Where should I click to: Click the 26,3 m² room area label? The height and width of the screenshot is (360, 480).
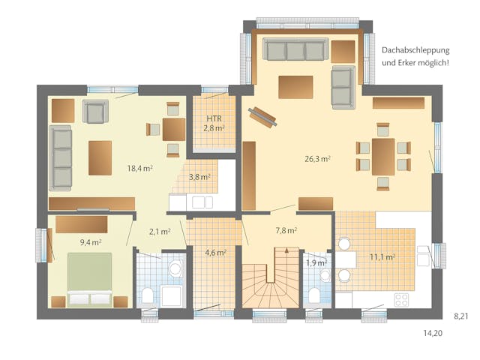(x=318, y=159)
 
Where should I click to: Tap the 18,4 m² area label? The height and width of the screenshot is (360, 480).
(x=140, y=169)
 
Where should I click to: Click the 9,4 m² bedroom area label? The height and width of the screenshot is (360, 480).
(x=91, y=241)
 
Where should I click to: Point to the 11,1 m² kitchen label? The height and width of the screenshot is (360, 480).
(x=382, y=256)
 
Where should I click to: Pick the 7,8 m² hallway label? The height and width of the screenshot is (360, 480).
(x=286, y=230)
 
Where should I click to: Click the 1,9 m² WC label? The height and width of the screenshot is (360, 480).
(x=316, y=262)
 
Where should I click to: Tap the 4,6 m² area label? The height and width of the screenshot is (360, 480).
(x=216, y=253)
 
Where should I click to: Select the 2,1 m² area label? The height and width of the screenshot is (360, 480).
(x=158, y=232)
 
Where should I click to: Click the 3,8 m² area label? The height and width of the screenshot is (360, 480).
(x=199, y=178)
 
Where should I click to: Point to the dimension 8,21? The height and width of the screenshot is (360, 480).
(x=461, y=316)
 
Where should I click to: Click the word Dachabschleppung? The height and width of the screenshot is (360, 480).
(x=415, y=49)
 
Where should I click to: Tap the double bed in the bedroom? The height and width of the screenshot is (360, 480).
(x=89, y=279)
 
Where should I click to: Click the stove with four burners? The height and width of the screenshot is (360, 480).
(x=401, y=299)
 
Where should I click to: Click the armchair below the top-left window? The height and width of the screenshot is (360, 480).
(x=95, y=112)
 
